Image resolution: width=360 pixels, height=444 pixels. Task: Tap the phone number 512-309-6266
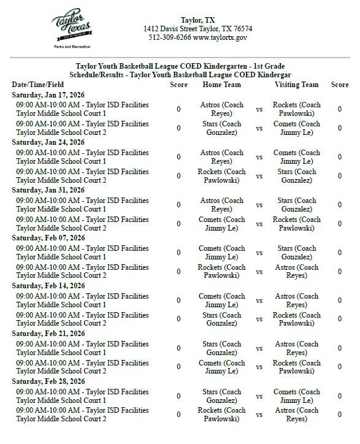pyautogui.click(x=170, y=37)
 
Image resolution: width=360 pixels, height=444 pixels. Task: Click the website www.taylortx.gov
pyautogui.click(x=220, y=37)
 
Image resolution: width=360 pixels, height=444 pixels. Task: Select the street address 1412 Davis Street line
pyautogui.click(x=197, y=29)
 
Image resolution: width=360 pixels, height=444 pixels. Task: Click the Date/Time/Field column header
pyautogui.click(x=37, y=85)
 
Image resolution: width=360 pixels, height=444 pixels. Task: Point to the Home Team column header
pyautogui.click(x=221, y=85)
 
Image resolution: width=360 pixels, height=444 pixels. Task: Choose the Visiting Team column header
pyautogui.click(x=296, y=85)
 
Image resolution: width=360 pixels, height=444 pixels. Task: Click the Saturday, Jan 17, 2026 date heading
pyautogui.click(x=48, y=95)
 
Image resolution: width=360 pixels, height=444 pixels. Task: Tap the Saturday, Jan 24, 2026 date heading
pyautogui.click(x=48, y=143)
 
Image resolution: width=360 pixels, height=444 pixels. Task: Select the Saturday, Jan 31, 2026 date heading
pyautogui.click(x=48, y=191)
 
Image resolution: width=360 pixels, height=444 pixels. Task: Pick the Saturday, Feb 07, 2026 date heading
pyautogui.click(x=48, y=239)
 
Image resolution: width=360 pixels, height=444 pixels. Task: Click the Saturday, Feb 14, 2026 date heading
pyautogui.click(x=48, y=286)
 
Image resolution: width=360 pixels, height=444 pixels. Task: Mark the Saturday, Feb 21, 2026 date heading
pyautogui.click(x=48, y=334)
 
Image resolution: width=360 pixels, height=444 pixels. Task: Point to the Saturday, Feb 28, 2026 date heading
pyautogui.click(x=48, y=382)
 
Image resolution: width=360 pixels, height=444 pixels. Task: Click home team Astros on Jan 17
pyautogui.click(x=221, y=109)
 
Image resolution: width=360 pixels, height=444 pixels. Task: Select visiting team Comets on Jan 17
pyautogui.click(x=296, y=128)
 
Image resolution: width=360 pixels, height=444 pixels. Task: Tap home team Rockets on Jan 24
pyautogui.click(x=221, y=176)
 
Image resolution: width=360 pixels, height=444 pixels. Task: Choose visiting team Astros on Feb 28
pyautogui.click(x=296, y=415)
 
